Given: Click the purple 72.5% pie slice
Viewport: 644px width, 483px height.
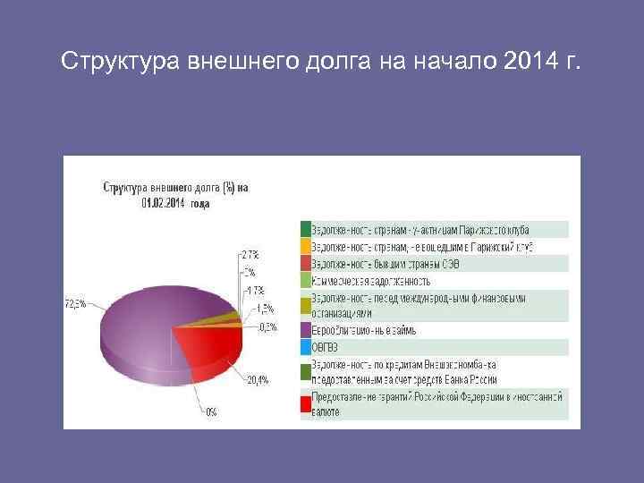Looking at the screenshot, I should click(143, 322).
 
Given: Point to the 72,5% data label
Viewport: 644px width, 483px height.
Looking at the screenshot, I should click(75, 304).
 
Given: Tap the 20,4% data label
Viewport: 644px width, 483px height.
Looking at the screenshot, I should click(257, 380).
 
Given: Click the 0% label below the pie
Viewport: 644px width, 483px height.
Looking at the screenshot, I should click(210, 412).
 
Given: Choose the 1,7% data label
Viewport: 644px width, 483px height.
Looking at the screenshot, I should click(254, 290).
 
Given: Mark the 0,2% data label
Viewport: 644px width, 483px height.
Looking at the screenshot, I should click(266, 326).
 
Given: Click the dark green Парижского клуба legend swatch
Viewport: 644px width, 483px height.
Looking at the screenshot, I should click(306, 229).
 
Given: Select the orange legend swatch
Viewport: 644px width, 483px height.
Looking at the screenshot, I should click(306, 246).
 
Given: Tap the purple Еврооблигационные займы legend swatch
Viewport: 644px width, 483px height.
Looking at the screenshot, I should click(306, 330).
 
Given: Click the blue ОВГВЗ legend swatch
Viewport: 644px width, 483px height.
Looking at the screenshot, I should click(306, 347).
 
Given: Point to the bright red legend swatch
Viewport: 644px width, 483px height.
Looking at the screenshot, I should click(306, 403).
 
